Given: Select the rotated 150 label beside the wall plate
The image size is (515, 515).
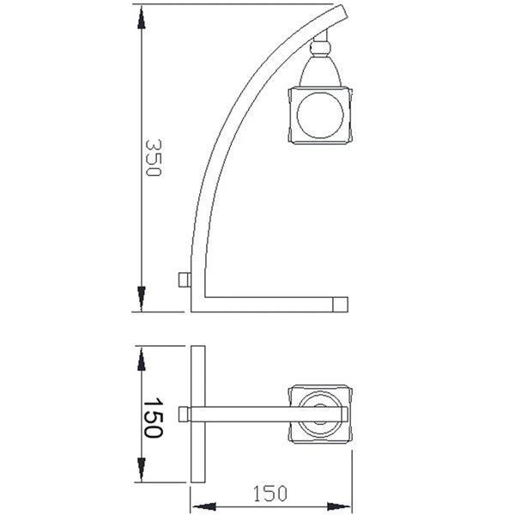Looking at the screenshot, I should pyautogui.click(x=152, y=418).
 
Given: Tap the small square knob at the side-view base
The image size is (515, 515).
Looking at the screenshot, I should pyautogui.click(x=182, y=281).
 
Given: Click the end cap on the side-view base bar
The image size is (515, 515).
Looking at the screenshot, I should pyautogui.click(x=341, y=303).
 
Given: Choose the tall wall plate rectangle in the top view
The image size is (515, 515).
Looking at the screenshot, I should pyautogui.click(x=198, y=415).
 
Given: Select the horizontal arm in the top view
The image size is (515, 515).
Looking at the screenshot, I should pyautogui.click(x=249, y=415).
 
